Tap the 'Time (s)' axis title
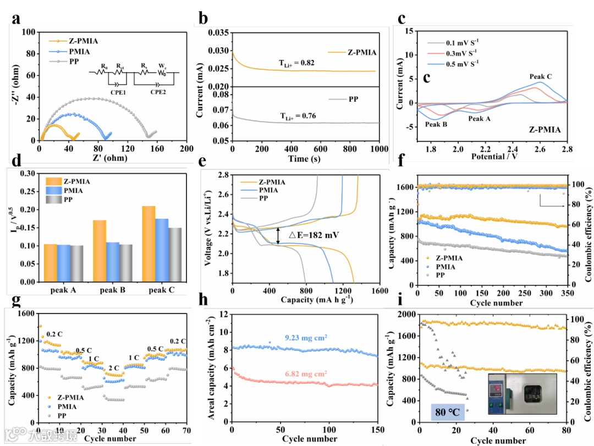point(305,159)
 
